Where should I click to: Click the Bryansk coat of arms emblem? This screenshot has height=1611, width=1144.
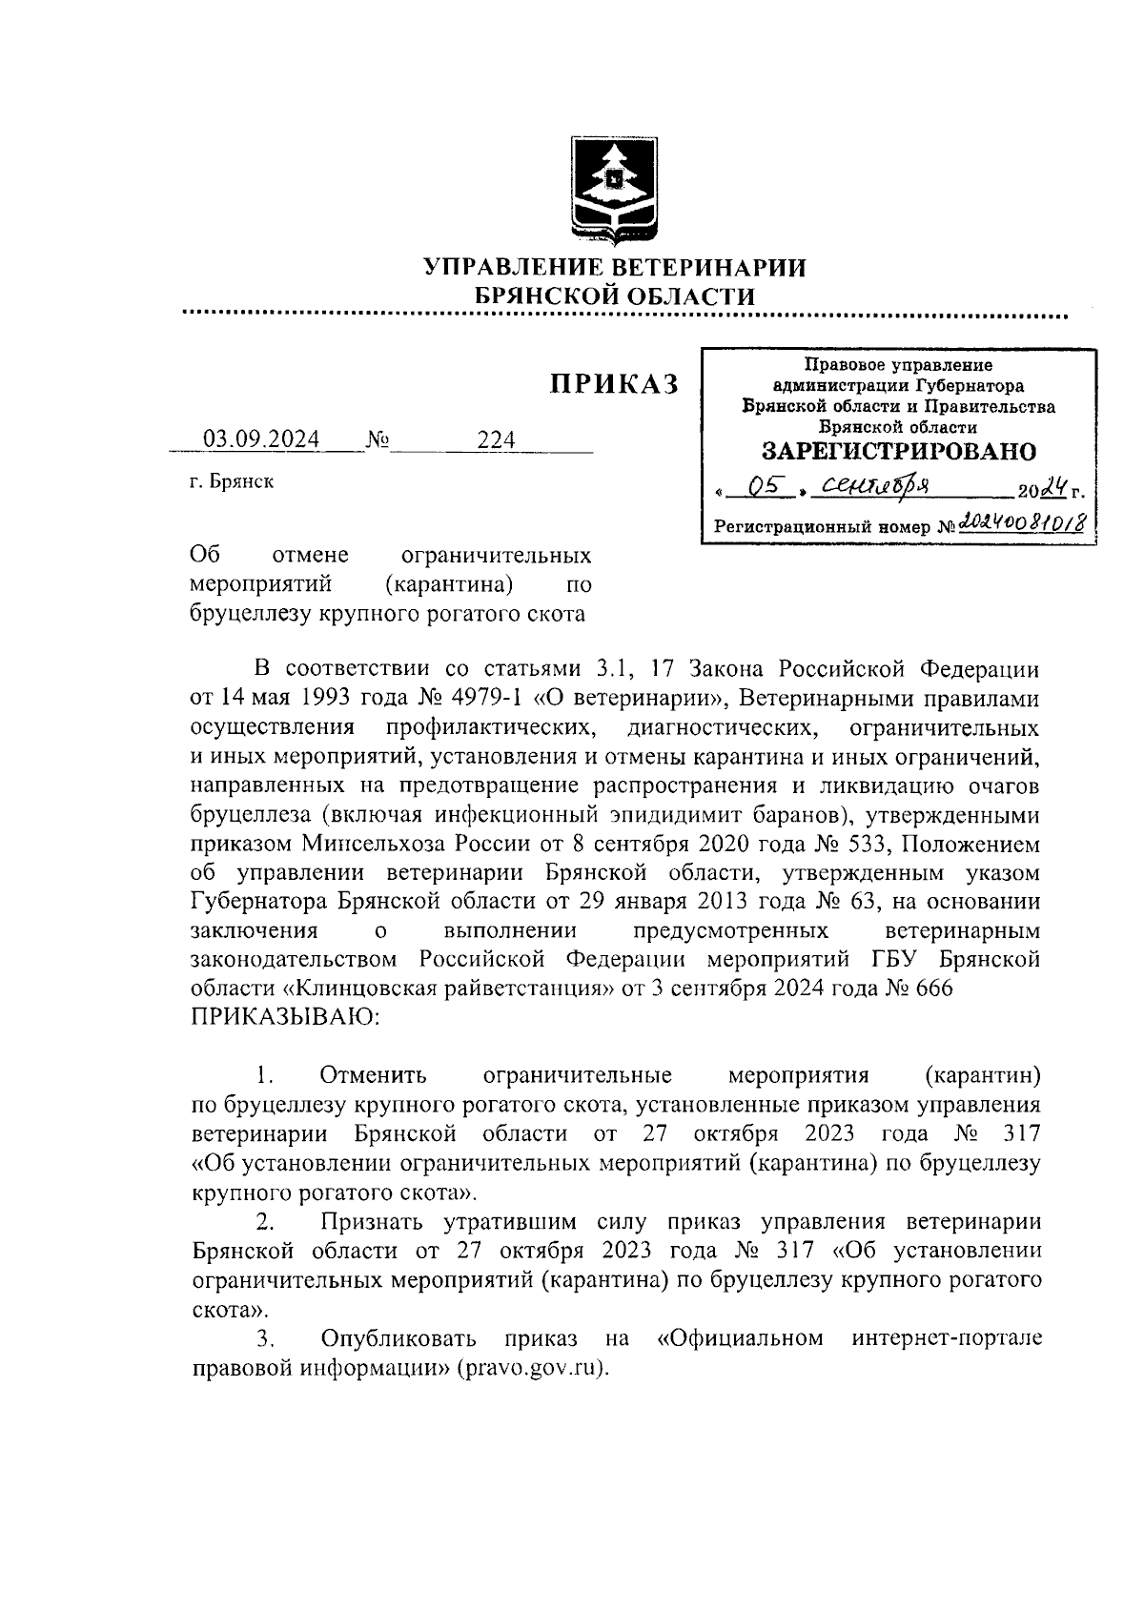pos(613,192)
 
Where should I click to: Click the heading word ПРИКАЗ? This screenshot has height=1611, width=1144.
pos(615,383)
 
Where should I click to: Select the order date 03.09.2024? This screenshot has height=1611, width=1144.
pos(262,439)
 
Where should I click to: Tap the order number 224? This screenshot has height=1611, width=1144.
pos(496,439)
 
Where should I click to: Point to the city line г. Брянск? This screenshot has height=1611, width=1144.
pos(232,481)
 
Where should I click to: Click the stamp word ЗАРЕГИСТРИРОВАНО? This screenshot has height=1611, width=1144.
pos(899,451)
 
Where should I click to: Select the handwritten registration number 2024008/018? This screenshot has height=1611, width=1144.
pos(1024,522)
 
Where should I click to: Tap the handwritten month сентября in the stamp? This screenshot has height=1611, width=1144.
pos(877,487)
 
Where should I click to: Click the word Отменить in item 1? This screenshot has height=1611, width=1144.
pos(374,1075)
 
